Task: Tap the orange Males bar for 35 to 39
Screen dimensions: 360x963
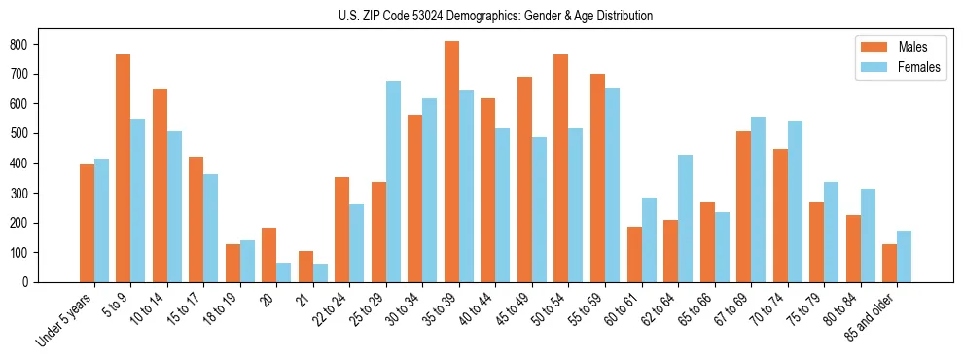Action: (451, 162)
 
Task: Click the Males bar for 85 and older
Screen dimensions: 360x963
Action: (889, 263)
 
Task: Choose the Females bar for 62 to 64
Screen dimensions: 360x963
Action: (685, 218)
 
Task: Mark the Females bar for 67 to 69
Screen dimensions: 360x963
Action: (758, 199)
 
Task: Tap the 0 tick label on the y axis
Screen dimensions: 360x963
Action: (33, 282)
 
